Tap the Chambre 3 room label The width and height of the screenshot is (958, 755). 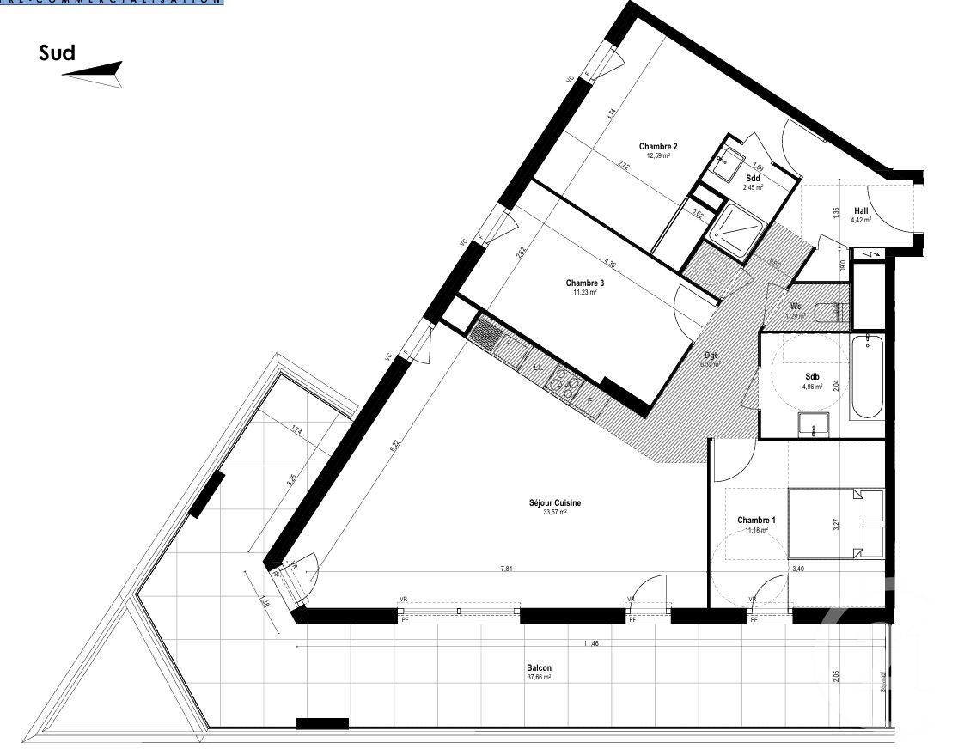585,283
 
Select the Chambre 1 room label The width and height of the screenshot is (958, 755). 756,521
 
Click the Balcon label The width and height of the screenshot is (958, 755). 539,668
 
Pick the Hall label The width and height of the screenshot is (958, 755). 860,210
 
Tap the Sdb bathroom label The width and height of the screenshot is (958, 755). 812,377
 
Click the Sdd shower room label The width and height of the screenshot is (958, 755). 753,178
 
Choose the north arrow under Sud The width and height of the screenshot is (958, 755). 92,75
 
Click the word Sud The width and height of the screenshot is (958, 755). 57,53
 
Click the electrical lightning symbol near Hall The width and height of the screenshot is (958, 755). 873,254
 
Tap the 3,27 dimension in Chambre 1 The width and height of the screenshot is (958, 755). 835,524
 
